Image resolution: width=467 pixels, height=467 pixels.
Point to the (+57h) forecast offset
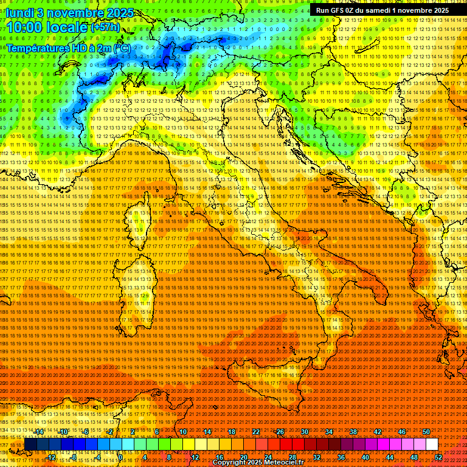pyautogui.click(x=106, y=27)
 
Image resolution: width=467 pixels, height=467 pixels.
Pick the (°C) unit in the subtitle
pyautogui.click(x=122, y=47)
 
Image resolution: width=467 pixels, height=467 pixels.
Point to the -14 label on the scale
pyautogui.click(x=40, y=432)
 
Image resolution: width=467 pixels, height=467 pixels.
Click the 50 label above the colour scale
pyautogui.click(x=426, y=432)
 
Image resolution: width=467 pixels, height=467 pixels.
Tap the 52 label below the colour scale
pyautogui.click(x=438, y=457)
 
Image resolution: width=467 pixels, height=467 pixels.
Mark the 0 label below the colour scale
pyautogui.click(x=121, y=457)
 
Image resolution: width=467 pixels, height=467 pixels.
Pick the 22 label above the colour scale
pyautogui.click(x=256, y=432)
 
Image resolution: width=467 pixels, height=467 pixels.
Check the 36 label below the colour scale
pyautogui.click(x=341, y=457)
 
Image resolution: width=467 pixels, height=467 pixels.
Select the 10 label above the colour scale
pyautogui.click(x=182, y=432)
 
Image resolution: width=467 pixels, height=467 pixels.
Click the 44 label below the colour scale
pyautogui.click(x=390, y=457)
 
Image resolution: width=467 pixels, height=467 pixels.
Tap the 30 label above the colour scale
pyautogui.click(x=305, y=432)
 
